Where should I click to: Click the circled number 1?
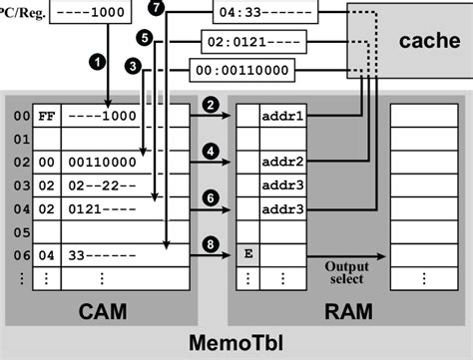(97, 61)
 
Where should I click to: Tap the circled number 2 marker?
(210, 104)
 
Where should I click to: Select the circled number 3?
(133, 65)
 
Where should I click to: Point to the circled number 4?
(210, 150)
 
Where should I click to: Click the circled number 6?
(210, 197)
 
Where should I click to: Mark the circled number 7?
(155, 7)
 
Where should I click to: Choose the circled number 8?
(210, 242)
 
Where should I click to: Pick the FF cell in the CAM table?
(46, 115)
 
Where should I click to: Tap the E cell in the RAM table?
(246, 254)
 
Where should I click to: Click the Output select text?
(344, 271)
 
